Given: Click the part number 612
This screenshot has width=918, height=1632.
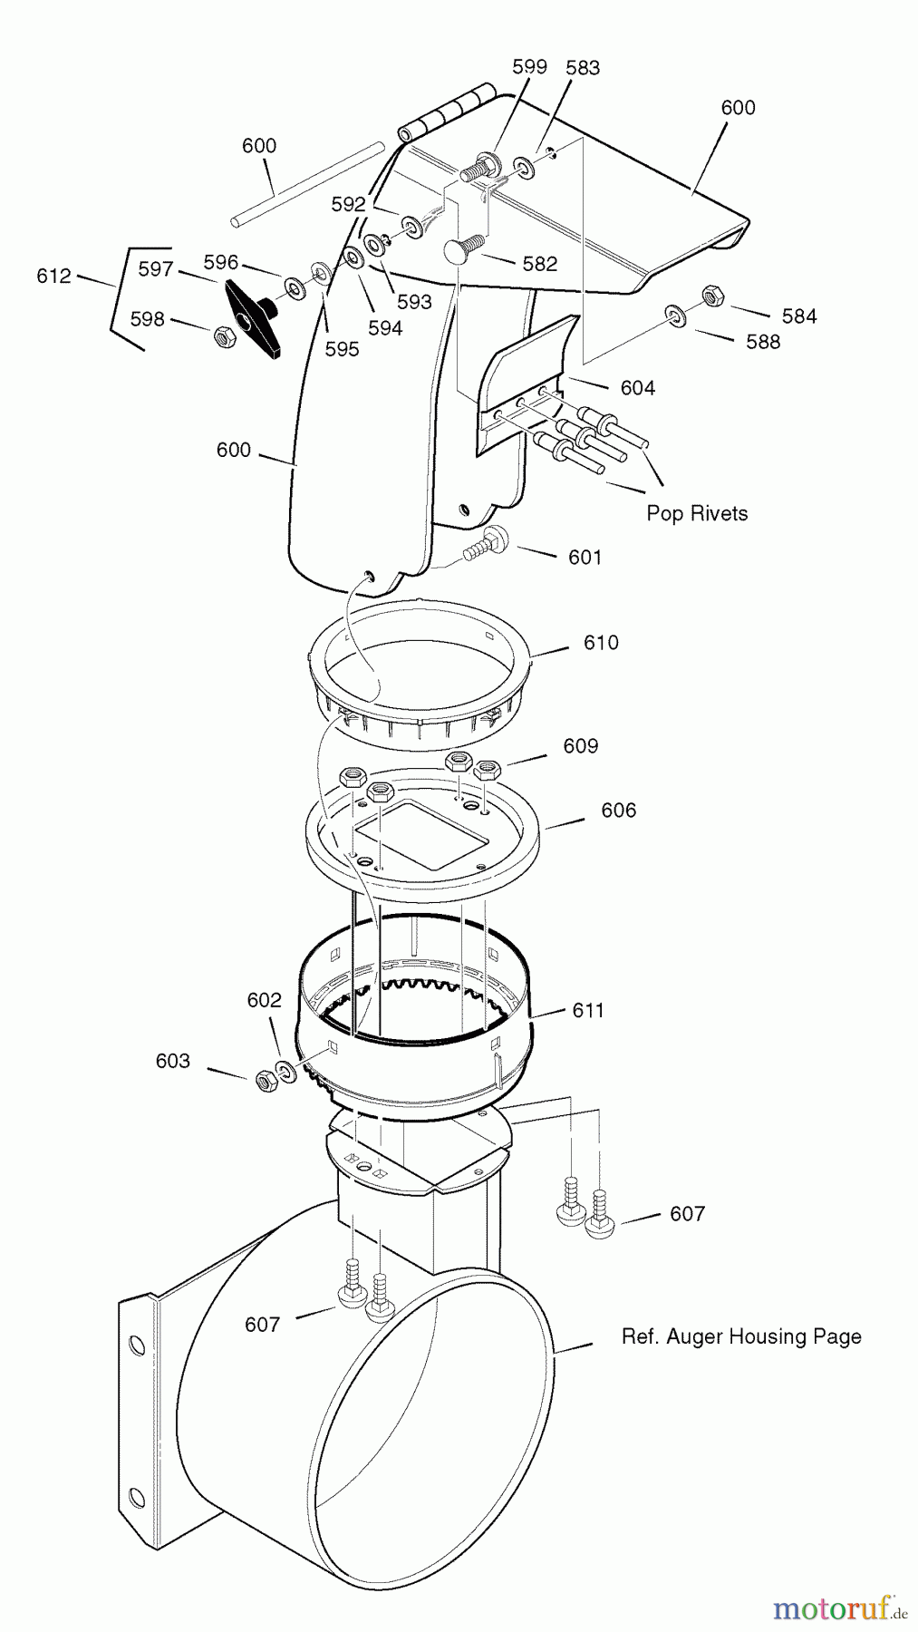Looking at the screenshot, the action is [53, 276].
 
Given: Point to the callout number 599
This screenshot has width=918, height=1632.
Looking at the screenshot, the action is [530, 66].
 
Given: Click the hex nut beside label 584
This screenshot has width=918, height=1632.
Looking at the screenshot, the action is [711, 296].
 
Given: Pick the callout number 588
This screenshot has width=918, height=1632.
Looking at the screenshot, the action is [763, 342].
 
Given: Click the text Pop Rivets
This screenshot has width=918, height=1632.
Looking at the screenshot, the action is [697, 513].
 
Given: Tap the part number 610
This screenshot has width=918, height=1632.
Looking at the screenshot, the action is [601, 643].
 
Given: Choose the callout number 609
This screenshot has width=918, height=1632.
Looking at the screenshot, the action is [581, 746].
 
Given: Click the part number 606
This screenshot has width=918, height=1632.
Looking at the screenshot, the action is [619, 811].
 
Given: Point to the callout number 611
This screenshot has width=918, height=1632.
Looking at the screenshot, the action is [588, 1010].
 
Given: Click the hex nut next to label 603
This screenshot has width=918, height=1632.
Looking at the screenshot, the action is [266, 1079].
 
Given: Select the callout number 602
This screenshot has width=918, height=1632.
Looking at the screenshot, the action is [265, 1000].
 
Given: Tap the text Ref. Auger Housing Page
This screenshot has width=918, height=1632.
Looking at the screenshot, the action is [741, 1336].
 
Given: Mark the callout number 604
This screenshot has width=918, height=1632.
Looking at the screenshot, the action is [638, 388].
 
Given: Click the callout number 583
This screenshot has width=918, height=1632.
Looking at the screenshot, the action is [583, 67].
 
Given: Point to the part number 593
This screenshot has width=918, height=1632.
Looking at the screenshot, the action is [415, 302].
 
